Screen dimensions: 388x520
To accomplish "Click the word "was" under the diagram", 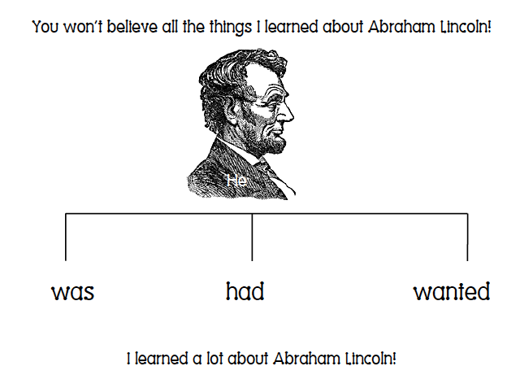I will [72, 292].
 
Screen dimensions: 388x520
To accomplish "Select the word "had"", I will [245, 290].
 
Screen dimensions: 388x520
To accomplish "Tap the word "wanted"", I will [451, 290].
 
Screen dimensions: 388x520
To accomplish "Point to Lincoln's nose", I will [290, 110].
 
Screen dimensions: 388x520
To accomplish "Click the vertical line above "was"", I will [66, 237].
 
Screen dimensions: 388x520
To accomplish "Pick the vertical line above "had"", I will [252, 237].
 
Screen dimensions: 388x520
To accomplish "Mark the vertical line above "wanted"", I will [467, 237].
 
